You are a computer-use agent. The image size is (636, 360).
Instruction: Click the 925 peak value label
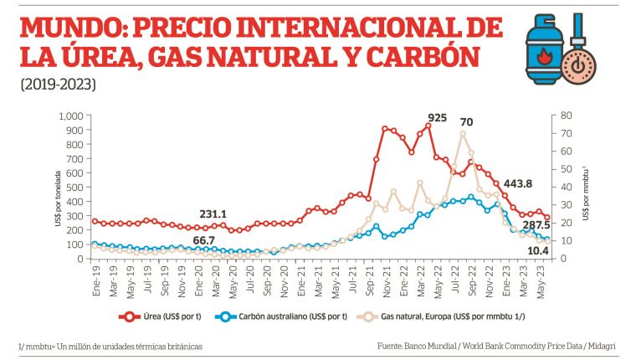(437, 117)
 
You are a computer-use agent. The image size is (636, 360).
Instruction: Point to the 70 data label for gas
(466, 122)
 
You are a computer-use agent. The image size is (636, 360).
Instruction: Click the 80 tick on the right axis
(565, 116)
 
